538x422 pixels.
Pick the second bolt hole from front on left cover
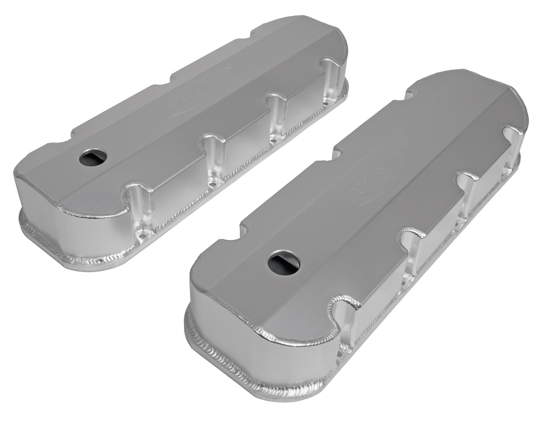point(212,184)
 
